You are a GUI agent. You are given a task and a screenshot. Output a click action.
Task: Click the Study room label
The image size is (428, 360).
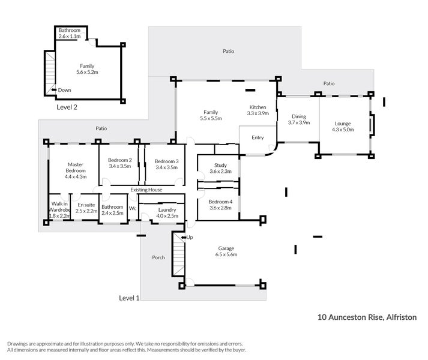click(219, 169)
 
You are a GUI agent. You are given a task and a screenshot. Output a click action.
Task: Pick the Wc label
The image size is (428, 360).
click(133, 209)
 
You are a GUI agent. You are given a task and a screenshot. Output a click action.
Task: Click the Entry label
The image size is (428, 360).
click(258, 138)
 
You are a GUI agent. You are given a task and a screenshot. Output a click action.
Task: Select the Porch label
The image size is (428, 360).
click(158, 258)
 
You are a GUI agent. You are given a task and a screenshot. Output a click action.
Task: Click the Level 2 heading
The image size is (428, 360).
click(67, 107)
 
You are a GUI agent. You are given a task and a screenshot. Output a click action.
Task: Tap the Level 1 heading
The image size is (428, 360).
click(129, 298)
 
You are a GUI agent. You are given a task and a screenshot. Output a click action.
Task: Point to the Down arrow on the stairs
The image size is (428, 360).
click(55, 90)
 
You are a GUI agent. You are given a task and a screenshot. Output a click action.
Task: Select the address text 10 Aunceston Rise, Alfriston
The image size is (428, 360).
click(366, 317)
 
